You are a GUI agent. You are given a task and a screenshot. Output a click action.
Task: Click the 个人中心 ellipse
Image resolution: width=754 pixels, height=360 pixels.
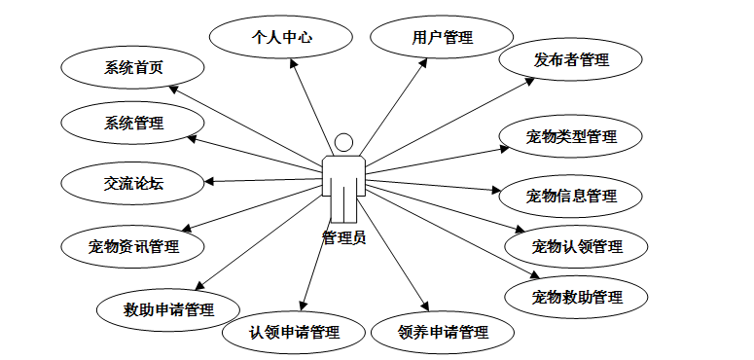pyautogui.click(x=281, y=37)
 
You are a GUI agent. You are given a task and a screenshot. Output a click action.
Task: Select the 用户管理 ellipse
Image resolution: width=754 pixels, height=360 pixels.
pyautogui.click(x=442, y=37)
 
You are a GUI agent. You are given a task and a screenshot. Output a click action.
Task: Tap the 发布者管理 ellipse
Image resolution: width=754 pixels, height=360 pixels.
pyautogui.click(x=571, y=59)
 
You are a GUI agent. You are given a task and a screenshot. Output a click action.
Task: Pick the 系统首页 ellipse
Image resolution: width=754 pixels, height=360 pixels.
pyautogui.click(x=132, y=67)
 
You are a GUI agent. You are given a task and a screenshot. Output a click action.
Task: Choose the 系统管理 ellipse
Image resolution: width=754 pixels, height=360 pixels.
pyautogui.click(x=132, y=123)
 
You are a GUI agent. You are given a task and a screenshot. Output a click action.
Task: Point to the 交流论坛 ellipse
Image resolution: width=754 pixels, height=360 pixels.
pyautogui.click(x=132, y=183)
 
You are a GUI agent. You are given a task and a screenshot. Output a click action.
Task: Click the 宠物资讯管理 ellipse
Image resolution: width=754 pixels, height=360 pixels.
pyautogui.click(x=132, y=246)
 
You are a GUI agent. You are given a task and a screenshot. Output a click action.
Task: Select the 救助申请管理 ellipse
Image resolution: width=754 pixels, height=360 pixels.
pyautogui.click(x=168, y=309)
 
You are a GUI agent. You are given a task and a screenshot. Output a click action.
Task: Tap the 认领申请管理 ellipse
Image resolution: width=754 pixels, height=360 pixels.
pyautogui.click(x=294, y=332)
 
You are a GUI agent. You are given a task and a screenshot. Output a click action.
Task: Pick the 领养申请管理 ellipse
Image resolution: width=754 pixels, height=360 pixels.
pyautogui.click(x=443, y=332)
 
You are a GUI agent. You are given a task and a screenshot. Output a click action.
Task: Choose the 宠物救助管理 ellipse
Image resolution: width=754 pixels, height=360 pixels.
pyautogui.click(x=577, y=297)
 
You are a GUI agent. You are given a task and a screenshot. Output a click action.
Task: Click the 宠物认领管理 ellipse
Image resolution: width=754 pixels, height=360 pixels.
pyautogui.click(x=577, y=246)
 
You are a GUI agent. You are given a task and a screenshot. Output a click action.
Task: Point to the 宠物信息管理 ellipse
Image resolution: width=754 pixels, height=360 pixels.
pyautogui.click(x=571, y=197)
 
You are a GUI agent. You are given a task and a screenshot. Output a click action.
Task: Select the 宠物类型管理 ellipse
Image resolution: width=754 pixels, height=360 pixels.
pyautogui.click(x=571, y=136)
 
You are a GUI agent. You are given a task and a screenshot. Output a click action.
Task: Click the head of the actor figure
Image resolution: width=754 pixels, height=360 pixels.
pyautogui.click(x=343, y=142)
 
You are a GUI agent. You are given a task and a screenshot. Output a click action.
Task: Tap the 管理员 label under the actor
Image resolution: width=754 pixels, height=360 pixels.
pyautogui.click(x=343, y=237)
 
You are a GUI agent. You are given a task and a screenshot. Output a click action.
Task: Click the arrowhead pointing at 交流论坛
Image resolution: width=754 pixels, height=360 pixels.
pyautogui.click(x=209, y=181)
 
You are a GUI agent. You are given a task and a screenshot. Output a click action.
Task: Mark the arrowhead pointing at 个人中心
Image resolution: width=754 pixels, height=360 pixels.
pyautogui.click(x=293, y=63)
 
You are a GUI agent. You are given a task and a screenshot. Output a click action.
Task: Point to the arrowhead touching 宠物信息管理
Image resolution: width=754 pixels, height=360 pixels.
pyautogui.click(x=496, y=190)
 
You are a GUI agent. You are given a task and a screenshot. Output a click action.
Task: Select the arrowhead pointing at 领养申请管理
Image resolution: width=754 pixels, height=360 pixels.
pyautogui.click(x=424, y=306)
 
